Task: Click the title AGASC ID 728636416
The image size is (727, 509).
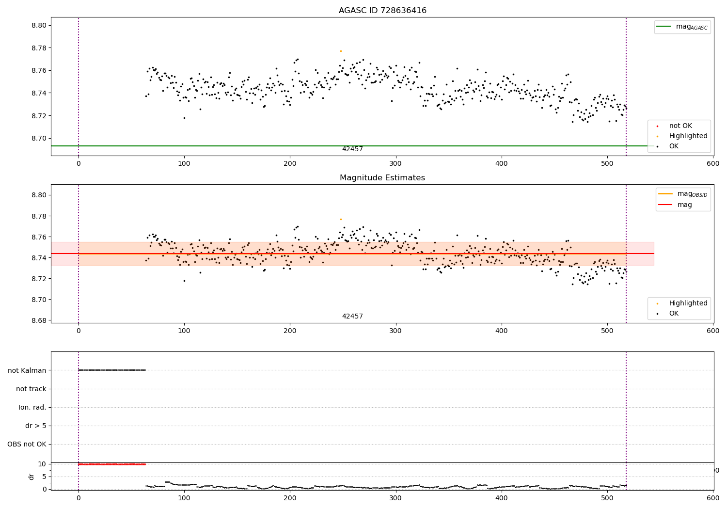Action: tap(382, 11)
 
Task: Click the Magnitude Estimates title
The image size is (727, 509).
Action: tap(382, 178)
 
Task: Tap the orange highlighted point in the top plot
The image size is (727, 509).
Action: tap(341, 51)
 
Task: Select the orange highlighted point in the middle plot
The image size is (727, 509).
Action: tap(341, 219)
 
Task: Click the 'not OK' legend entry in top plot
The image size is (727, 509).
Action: tap(680, 126)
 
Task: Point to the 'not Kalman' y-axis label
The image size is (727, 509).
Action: tap(27, 370)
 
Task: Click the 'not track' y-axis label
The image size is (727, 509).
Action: tap(31, 389)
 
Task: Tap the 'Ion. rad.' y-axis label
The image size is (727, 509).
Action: tap(32, 407)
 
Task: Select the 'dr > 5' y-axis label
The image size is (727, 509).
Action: tap(36, 426)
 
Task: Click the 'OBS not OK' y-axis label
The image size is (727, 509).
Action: tap(27, 444)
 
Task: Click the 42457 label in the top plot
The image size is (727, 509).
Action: tap(352, 149)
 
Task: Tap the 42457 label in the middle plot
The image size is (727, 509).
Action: tap(352, 317)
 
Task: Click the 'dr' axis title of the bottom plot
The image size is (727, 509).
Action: tap(32, 477)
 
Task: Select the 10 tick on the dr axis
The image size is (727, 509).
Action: tap(42, 464)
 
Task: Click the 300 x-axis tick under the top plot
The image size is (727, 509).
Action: tap(395, 164)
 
